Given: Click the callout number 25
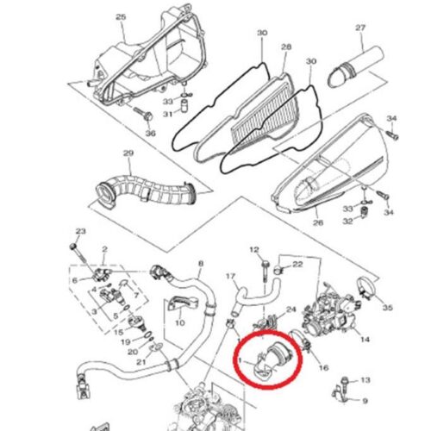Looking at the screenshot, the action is tap(121, 17).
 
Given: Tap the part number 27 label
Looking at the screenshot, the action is tap(360, 28).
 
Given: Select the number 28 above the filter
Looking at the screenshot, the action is tap(286, 47).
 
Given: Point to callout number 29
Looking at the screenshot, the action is tap(128, 153).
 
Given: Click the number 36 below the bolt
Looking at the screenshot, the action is tap(150, 133).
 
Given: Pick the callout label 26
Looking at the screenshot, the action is tap(318, 222).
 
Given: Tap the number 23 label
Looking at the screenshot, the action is tap(81, 231).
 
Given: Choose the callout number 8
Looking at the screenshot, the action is tap(201, 263).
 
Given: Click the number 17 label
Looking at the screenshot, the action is tap(230, 277).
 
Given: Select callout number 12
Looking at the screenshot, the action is tap(254, 250).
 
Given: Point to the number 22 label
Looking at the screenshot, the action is tap(297, 264).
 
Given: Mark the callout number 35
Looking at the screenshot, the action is tap(387, 308).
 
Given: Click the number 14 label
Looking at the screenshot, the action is tap(365, 340).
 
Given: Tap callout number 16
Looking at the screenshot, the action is tap(323, 367).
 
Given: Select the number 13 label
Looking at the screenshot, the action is tap(365, 380).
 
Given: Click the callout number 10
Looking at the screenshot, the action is tap(180, 322).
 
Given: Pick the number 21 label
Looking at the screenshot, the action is tap(141, 362).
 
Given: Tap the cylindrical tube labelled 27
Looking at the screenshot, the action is tap(356, 66).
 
